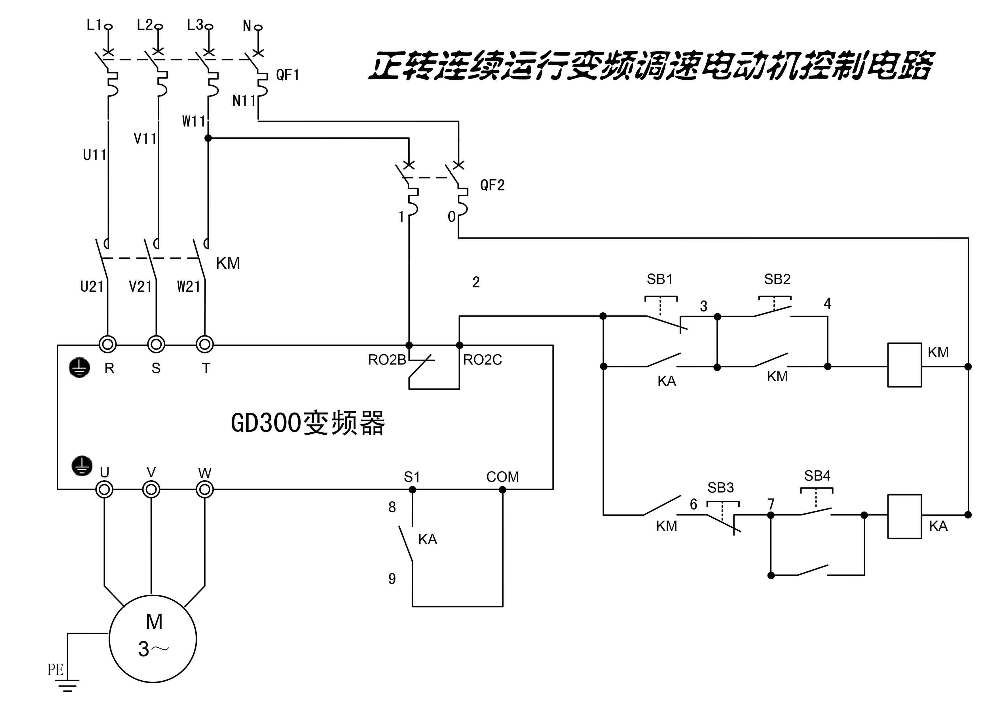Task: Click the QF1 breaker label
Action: coord(287,75)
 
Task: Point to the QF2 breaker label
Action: coord(492,185)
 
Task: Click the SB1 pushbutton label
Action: coord(659,279)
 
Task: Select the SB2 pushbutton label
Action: coord(777,279)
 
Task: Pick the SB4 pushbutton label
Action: coord(817,476)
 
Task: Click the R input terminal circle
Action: coord(107,345)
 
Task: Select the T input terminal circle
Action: coord(205,345)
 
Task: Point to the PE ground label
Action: coord(56,670)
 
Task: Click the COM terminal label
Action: coord(502,477)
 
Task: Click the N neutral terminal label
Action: coord(247,26)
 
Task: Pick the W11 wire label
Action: coord(193,121)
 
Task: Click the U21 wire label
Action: coord(92,287)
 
